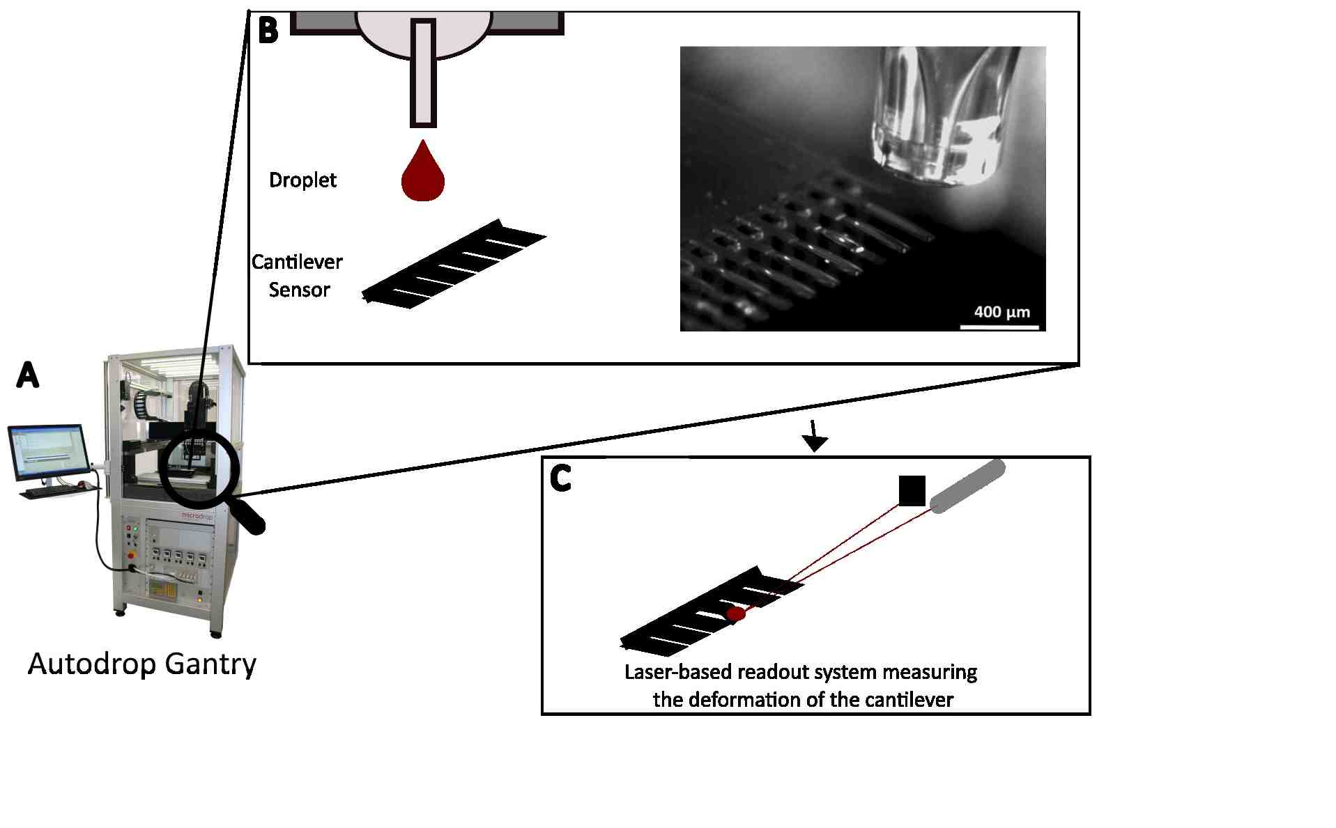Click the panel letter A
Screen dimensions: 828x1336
[27, 375]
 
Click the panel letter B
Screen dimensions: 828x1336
[268, 30]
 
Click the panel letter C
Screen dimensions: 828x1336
[560, 478]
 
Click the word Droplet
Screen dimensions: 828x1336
[302, 180]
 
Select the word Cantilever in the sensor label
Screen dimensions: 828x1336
[297, 263]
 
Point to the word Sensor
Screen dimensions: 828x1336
[299, 290]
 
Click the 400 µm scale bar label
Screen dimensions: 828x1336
[1001, 312]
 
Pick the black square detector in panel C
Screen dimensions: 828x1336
[912, 490]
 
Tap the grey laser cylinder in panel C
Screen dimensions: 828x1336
[968, 486]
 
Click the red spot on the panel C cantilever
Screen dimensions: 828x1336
[735, 614]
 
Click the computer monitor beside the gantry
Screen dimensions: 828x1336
[49, 452]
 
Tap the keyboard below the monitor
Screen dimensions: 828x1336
[52, 492]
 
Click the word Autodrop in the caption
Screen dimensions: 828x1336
[92, 664]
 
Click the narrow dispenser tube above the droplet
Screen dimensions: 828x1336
[422, 73]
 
